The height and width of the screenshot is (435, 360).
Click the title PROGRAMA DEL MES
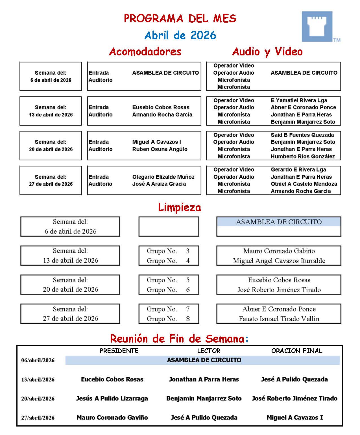pos(180,19)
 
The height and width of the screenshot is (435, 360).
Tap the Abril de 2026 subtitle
pos(180,35)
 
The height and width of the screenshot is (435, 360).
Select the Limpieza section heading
pos(180,207)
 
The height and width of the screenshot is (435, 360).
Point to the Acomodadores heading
pos(145,51)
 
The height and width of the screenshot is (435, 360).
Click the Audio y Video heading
pos(267,51)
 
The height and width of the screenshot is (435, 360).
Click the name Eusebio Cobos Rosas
pos(161,107)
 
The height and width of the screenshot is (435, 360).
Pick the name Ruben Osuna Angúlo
pos(160,149)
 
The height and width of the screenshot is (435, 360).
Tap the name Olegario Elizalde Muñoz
pos(163,177)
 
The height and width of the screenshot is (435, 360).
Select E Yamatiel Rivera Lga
pos(299,100)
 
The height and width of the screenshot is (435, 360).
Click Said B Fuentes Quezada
pos(302,135)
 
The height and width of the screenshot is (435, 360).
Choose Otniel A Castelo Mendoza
pos(304,184)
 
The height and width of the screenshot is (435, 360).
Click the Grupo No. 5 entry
pos(168,280)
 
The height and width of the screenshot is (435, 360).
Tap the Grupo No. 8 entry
pos(168,319)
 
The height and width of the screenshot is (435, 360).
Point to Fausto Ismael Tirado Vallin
pos(279,319)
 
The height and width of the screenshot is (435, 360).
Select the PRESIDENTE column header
pos(119,351)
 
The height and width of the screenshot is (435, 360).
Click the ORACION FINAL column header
pos(297,351)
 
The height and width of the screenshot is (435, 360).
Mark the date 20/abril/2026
pos(38,399)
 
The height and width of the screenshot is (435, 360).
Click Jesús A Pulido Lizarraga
pos(112,399)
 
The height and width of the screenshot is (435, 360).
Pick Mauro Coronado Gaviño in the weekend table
pos(112,417)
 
